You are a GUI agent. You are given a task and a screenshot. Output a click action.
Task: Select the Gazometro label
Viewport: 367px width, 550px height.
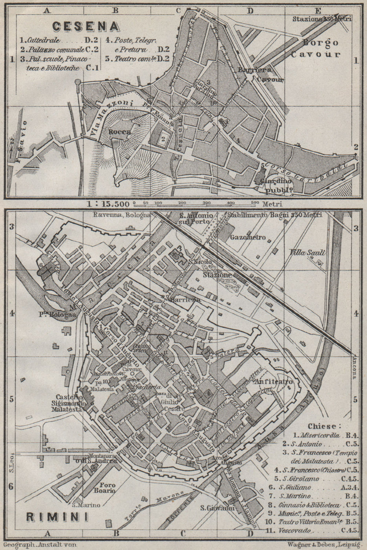[248, 237]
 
